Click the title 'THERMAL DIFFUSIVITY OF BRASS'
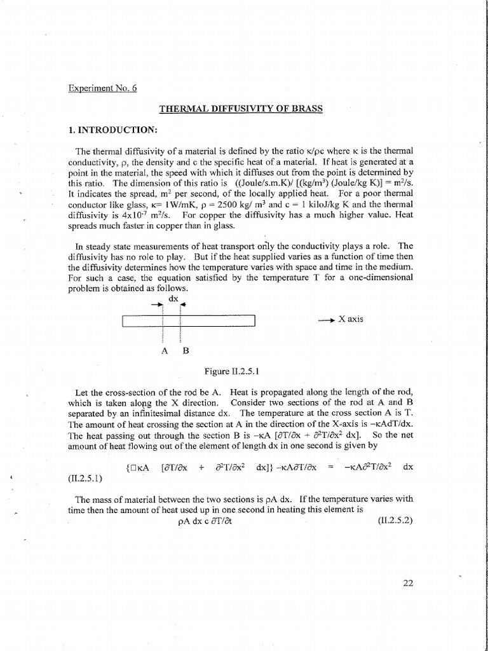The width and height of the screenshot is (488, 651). coord(241,109)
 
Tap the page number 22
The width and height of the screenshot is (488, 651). coord(408,582)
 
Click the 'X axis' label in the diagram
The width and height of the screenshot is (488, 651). coord(350,319)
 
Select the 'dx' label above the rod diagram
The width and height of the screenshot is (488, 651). coord(172,298)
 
